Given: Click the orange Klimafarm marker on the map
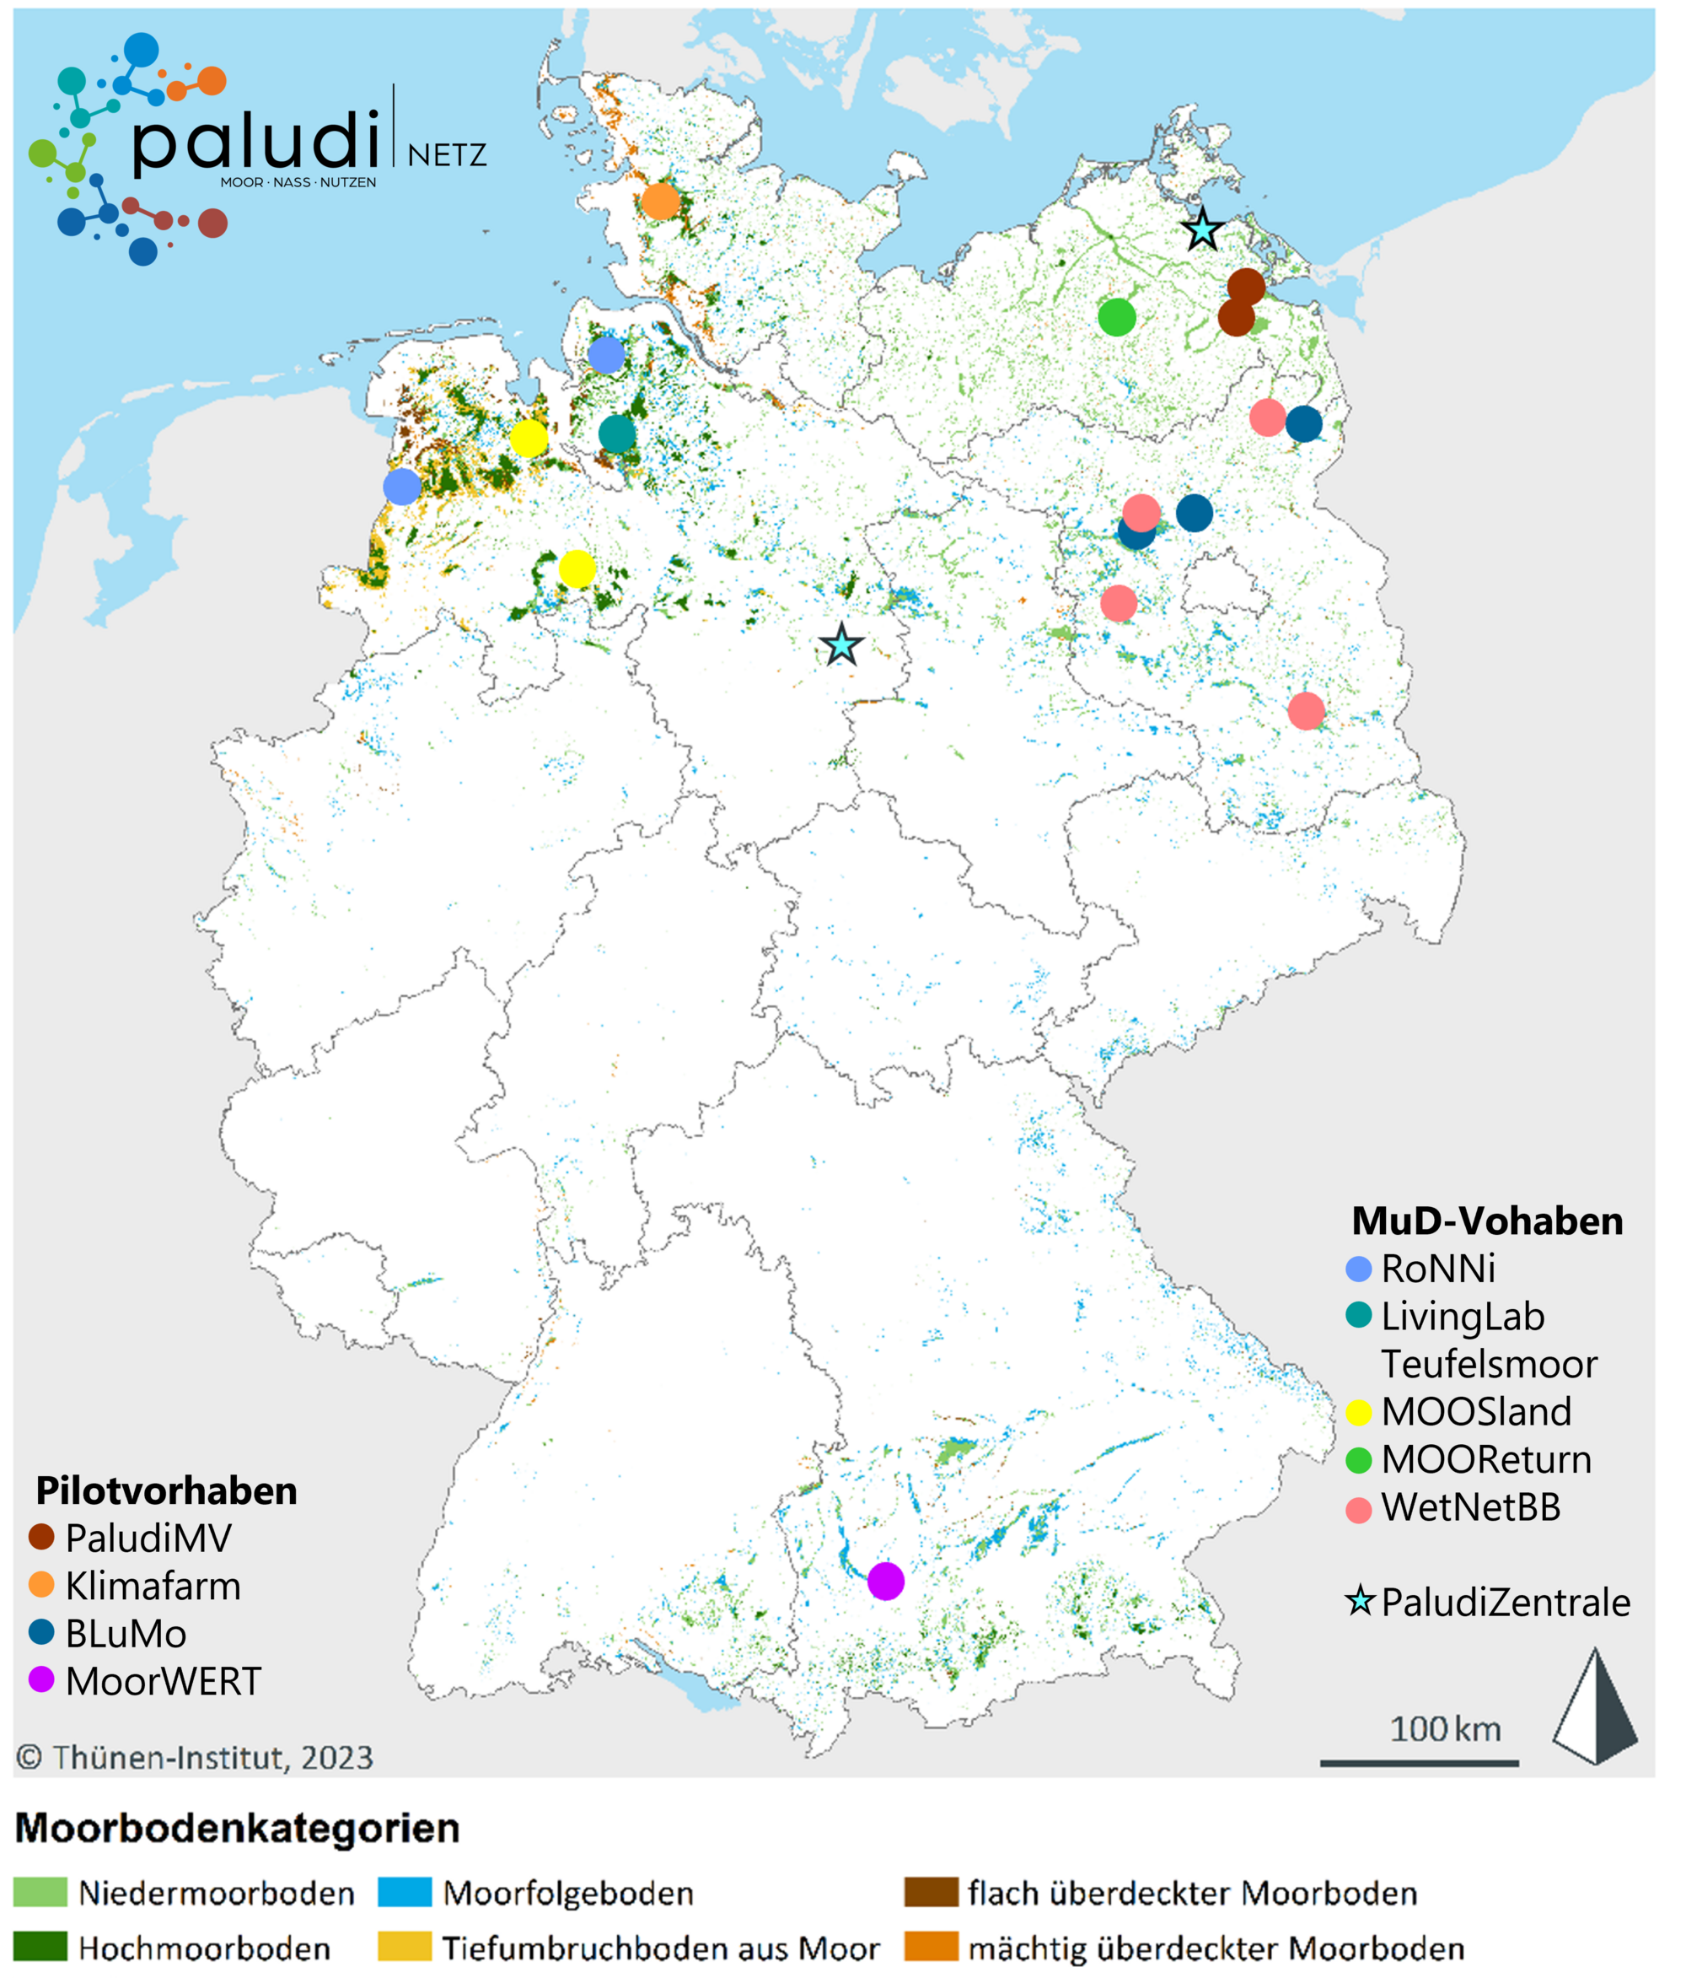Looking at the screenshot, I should click(x=660, y=202).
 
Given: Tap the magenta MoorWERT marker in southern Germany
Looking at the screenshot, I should click(x=885, y=1581).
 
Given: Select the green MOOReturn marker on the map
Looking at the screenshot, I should click(x=1117, y=317).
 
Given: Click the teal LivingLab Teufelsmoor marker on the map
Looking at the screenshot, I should click(x=617, y=434).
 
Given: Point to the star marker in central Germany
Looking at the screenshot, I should click(x=841, y=646).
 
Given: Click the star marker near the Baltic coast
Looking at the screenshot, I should click(x=1202, y=230).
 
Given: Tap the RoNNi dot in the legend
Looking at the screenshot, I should click(x=1358, y=1269).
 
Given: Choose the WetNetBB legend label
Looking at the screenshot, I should click(x=1470, y=1507).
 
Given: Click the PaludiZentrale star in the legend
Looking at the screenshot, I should click(x=1360, y=1601).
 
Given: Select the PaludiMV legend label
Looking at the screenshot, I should click(x=148, y=1538).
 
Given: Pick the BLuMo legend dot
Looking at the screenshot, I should click(x=42, y=1632).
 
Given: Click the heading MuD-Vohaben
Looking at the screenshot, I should click(x=1486, y=1221).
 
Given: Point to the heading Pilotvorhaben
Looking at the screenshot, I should click(x=166, y=1490).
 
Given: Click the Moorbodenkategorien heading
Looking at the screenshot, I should click(x=238, y=1828).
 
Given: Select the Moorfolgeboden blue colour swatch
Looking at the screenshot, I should click(x=405, y=1892).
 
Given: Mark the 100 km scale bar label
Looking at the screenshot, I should click(x=1445, y=1729).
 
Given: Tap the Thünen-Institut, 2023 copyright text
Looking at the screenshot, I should click(x=195, y=1758).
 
